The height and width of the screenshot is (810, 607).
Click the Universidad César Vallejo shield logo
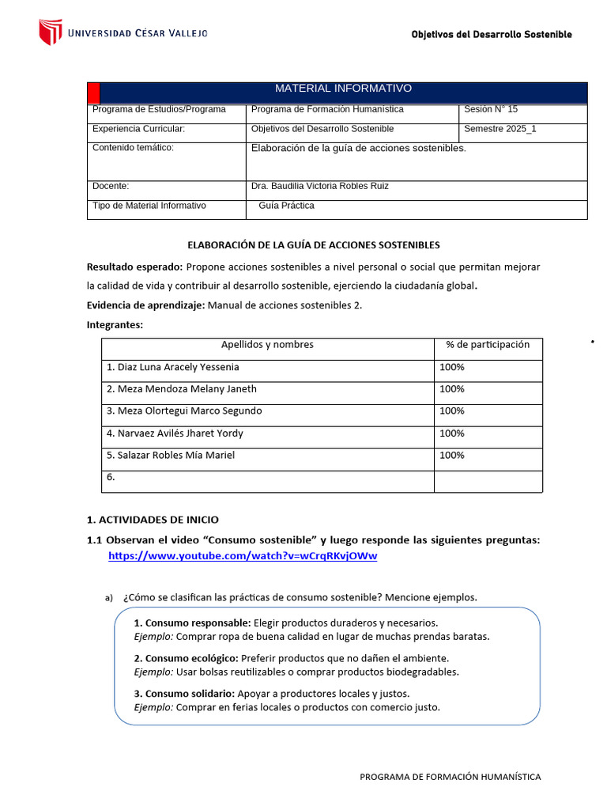tap(51, 32)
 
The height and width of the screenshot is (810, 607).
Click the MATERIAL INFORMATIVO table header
tap(343, 89)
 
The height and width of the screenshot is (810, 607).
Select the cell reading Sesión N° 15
tap(491, 109)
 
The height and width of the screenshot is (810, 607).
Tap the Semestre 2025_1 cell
tap(500, 129)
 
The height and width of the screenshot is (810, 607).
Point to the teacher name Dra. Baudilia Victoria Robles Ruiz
tap(319, 187)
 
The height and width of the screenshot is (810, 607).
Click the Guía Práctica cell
tap(286, 206)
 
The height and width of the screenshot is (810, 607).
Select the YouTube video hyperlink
tap(243, 556)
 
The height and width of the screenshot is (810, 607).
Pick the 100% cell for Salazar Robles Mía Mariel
tap(452, 456)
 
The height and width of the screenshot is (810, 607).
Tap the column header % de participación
tap(488, 345)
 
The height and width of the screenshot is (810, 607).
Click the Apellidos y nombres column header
tap(267, 345)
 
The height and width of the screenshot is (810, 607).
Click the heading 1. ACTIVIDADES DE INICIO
tap(153, 520)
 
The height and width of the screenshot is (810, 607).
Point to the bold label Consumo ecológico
tap(186, 658)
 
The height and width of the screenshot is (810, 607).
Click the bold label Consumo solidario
tap(183, 694)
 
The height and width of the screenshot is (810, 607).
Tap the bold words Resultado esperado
tap(134, 267)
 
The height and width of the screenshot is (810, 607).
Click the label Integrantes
tap(115, 324)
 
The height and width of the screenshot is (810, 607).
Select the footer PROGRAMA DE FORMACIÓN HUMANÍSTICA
tap(451, 777)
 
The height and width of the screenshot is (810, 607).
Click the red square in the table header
tap(93, 92)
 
